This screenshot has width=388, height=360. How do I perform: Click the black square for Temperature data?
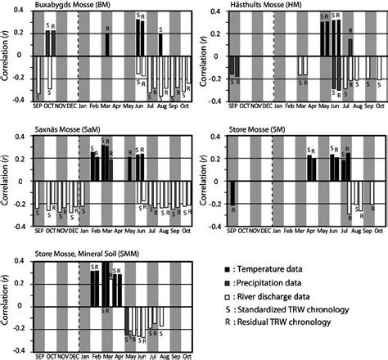coord(227,269)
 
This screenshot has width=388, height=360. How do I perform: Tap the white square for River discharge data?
coord(227,297)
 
